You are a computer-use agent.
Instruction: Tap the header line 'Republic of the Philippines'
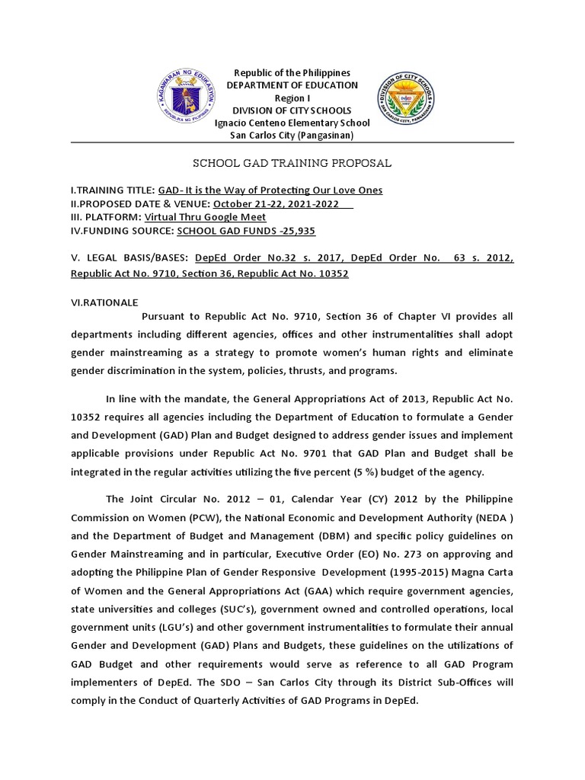tap(292, 72)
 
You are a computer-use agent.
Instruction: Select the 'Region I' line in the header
tap(292, 97)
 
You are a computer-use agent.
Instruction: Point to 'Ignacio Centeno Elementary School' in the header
tap(292, 123)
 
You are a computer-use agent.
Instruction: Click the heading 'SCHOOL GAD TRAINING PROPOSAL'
tap(292, 163)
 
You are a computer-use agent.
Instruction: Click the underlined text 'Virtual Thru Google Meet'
tap(205, 217)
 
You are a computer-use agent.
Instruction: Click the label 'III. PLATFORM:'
tap(106, 217)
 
